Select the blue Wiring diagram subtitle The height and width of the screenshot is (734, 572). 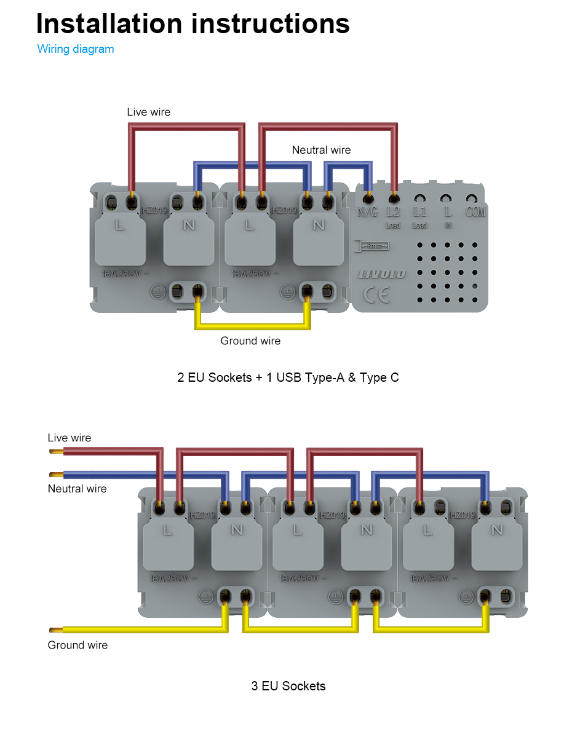(x=76, y=49)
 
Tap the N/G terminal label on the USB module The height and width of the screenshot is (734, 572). (x=368, y=212)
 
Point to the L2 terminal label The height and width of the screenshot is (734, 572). (x=393, y=212)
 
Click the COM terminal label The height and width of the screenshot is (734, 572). (x=475, y=212)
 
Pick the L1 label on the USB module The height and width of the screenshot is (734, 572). (x=420, y=212)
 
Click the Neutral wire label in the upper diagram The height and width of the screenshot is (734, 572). (x=321, y=150)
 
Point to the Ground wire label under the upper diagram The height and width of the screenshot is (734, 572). (x=250, y=341)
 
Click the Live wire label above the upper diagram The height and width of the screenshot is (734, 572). (x=148, y=112)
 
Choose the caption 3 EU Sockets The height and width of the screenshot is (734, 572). (x=288, y=686)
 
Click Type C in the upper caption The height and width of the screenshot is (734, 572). (x=379, y=377)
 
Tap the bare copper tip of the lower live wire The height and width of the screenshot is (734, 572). (x=55, y=452)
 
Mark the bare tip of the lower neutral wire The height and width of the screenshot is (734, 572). (x=55, y=475)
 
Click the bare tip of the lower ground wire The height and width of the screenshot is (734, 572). (x=55, y=629)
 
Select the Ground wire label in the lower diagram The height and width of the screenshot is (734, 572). (x=77, y=645)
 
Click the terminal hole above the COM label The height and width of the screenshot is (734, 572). (x=472, y=199)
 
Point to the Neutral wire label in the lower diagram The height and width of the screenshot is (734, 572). (x=77, y=489)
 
